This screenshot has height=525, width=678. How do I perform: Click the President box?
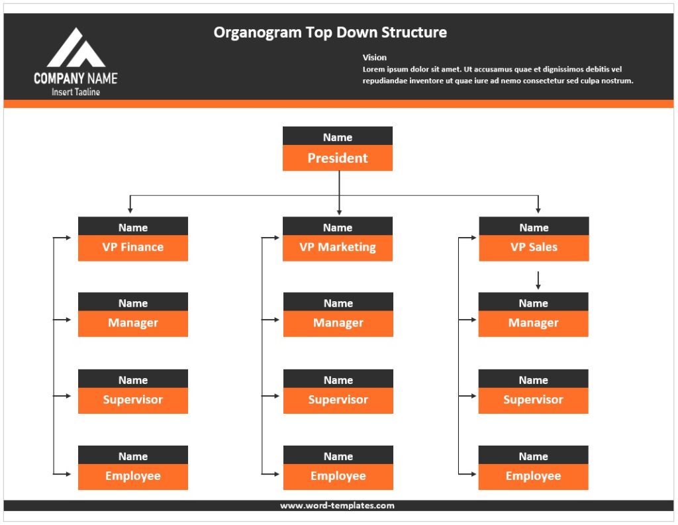pos(337,158)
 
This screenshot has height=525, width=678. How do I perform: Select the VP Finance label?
pos(132,248)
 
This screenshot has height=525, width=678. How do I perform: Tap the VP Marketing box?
pos(337,248)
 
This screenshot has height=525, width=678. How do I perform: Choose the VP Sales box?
pos(534,248)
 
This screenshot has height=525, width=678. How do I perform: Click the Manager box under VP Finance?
pos(132,323)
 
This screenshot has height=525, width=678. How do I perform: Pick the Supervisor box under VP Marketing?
pos(338,400)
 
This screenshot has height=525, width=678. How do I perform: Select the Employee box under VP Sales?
pos(533,476)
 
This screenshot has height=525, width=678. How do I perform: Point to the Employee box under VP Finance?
pos(132,476)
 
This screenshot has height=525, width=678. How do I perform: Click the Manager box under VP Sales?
pos(533,323)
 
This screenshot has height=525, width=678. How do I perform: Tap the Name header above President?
pos(337,137)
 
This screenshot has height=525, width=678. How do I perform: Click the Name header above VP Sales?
pos(534,227)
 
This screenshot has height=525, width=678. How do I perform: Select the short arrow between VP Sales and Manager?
pos(538,280)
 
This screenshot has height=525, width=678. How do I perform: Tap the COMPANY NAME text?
pos(75,78)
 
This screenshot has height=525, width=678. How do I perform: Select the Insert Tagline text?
pos(75,92)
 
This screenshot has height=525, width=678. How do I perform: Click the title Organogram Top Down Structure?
pos(330,32)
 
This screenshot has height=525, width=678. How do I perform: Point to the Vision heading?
pos(375,58)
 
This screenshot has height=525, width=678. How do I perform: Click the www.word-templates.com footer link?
pos(337,506)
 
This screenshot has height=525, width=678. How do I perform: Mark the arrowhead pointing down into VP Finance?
pos(130,210)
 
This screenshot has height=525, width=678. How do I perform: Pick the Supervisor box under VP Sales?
pos(533,400)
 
